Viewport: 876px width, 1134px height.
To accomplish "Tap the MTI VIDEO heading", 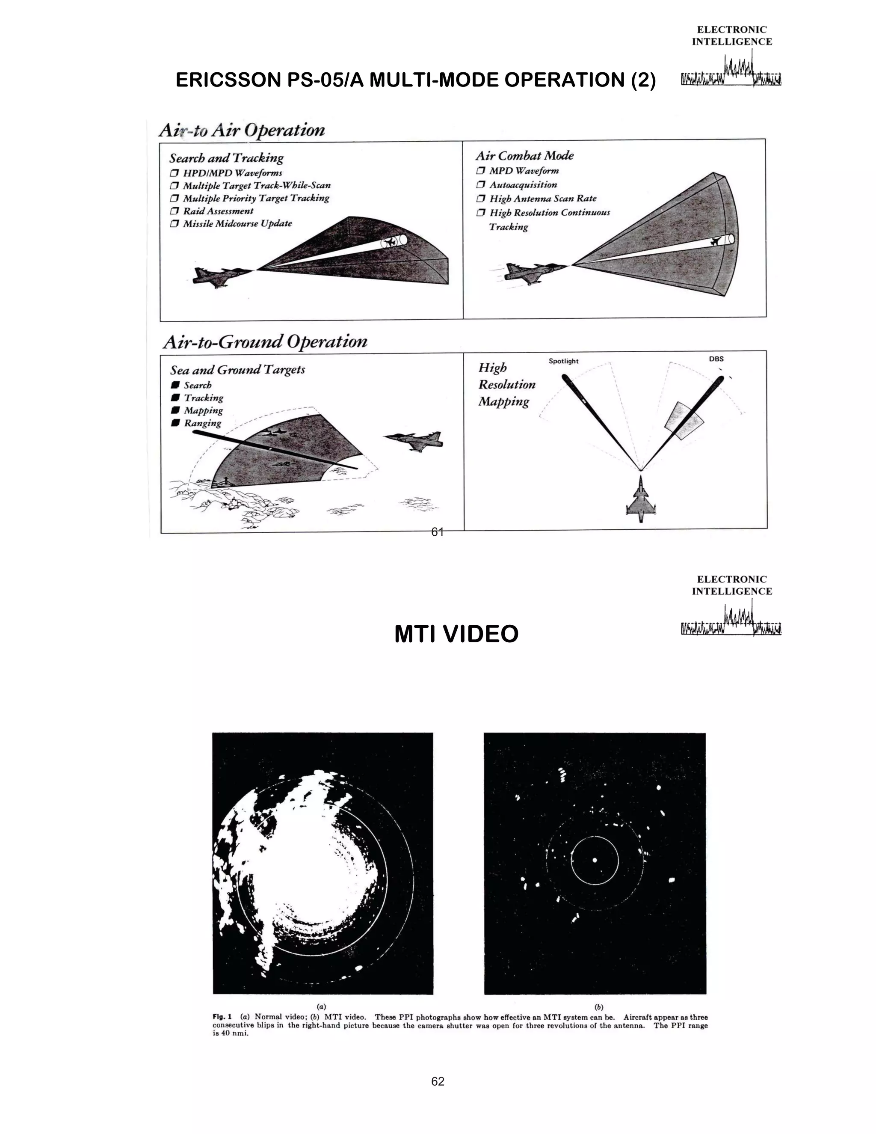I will (456, 634).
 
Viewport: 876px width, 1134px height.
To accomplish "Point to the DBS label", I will (716, 359).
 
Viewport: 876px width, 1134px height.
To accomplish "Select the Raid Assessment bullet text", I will (218, 211).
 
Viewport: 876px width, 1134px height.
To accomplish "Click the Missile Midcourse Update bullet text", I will (237, 224).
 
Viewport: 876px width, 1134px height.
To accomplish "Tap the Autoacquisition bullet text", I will (523, 185).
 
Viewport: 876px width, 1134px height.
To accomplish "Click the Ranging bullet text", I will (202, 423).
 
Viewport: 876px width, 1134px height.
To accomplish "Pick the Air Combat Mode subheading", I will (524, 156).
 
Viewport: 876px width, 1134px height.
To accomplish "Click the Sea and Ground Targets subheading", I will (237, 370).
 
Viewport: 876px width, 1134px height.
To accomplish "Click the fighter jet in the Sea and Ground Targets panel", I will (414, 441).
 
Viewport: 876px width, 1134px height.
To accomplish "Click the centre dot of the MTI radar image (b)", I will (595, 860).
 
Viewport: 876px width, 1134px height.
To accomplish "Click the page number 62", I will (438, 1081).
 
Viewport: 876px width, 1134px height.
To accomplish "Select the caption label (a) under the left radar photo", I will (322, 1007).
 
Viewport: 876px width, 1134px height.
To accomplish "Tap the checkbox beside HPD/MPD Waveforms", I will (175, 173).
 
